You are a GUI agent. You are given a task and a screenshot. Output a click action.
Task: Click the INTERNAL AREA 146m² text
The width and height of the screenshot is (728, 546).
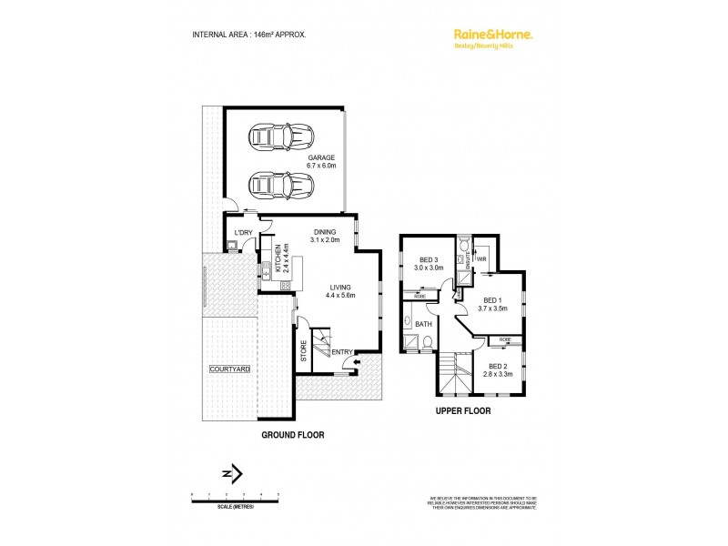coord(248,35)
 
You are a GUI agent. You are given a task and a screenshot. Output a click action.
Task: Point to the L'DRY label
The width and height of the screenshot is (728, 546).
coord(243,233)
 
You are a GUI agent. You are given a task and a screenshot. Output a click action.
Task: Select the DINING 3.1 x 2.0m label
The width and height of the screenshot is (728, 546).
coord(324,236)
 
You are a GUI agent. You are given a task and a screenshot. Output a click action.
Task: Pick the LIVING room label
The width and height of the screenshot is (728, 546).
coord(341,290)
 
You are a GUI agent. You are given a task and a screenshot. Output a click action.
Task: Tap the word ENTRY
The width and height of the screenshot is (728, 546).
coord(342,352)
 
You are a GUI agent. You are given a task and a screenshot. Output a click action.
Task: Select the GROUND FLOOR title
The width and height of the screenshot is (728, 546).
coord(293,435)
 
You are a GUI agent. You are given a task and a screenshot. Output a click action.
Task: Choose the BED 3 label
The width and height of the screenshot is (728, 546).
coord(428,264)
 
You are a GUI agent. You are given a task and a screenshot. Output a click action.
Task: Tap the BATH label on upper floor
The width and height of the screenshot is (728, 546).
coord(423,323)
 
